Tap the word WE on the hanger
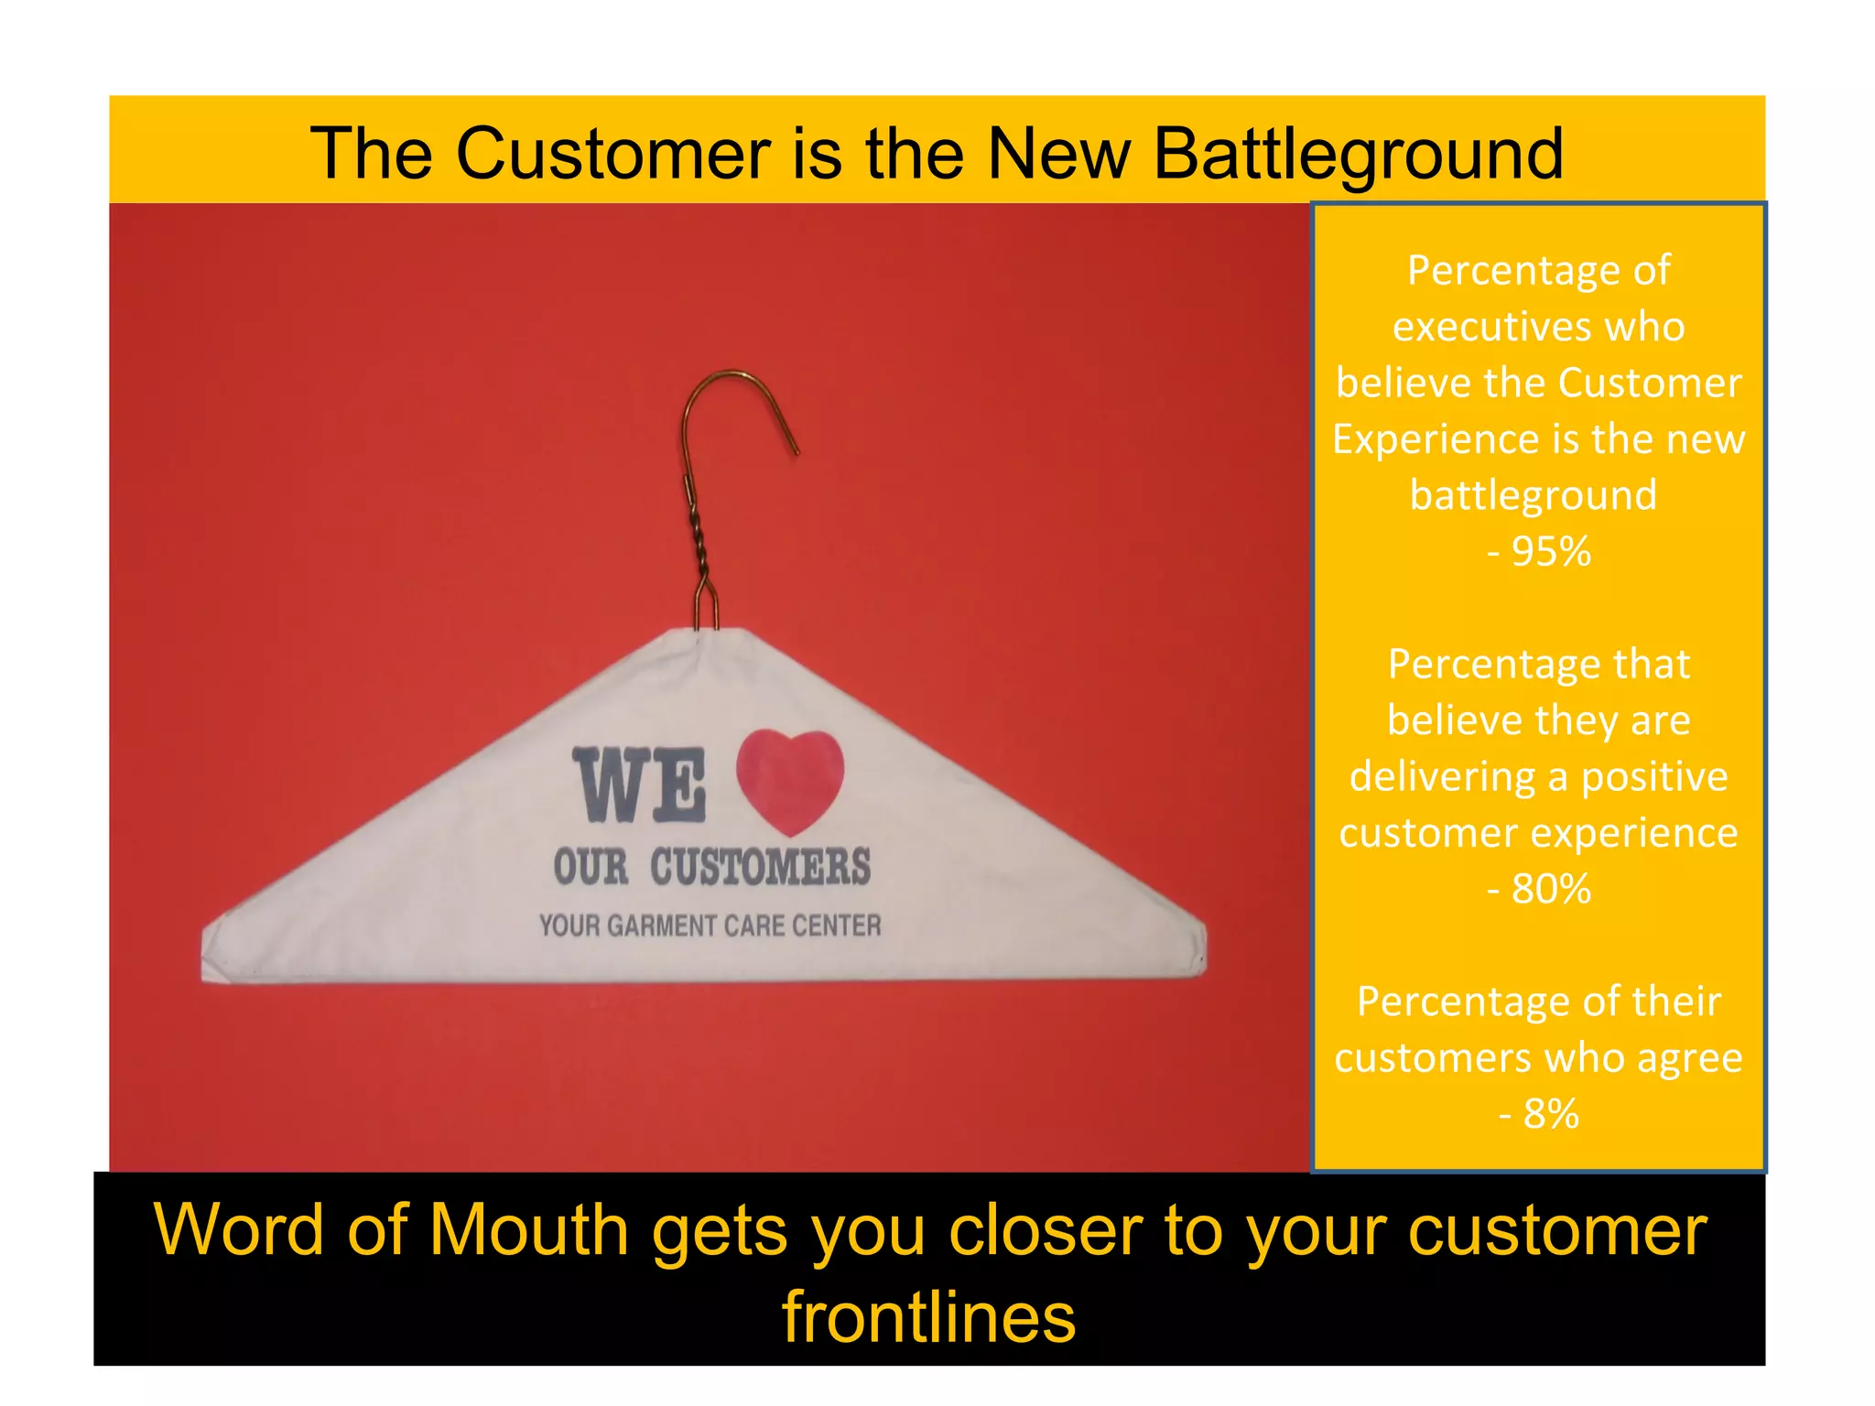pyautogui.click(x=640, y=785)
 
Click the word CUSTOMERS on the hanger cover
pyautogui.click(x=760, y=867)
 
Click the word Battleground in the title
pyautogui.click(x=1358, y=154)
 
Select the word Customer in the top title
pyautogui.click(x=613, y=154)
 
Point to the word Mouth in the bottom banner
pyautogui.click(x=529, y=1229)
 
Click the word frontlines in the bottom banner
pyautogui.click(x=928, y=1316)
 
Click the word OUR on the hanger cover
pyautogui.click(x=591, y=867)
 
